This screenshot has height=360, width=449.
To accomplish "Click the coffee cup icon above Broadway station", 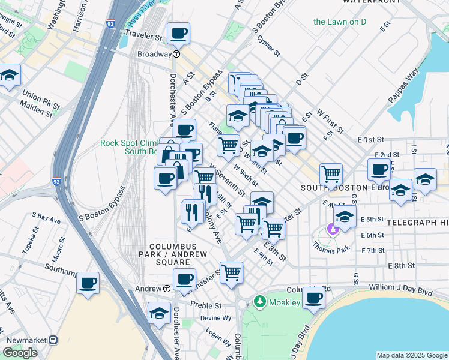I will [178, 34].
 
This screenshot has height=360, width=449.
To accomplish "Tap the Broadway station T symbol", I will [177, 54].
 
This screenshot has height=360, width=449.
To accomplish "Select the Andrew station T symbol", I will [166, 289].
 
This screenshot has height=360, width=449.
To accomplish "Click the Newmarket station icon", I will [53, 340].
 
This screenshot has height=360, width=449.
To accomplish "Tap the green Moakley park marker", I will [260, 302].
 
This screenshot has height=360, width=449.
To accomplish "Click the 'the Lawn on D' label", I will [340, 22].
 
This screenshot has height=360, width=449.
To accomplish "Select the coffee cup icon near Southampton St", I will [88, 282].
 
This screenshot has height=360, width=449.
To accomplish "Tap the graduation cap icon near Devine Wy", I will [159, 313].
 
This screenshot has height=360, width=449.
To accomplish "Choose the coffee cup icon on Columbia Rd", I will [313, 297].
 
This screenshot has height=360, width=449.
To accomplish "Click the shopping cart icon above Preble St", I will [231, 272].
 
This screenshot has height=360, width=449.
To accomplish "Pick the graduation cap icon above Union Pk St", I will [10, 76].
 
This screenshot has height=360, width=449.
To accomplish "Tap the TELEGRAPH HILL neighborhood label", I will [417, 222].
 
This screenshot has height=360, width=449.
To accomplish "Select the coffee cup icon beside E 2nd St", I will [379, 169].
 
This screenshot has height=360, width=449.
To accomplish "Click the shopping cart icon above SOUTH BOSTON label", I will [331, 174].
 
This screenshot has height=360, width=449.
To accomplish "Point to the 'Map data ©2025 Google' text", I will [411, 355].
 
